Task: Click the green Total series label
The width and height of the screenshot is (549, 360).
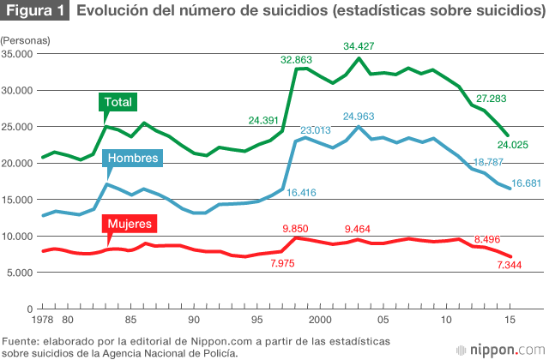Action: pos(118,102)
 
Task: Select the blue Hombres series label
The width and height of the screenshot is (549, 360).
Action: pos(132,159)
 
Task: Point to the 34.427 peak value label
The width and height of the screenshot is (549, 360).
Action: pos(359,45)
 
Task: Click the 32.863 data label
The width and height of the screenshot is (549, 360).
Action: pos(296,60)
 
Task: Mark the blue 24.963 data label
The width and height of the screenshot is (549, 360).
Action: pos(359,116)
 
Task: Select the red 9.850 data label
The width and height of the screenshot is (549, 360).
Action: pos(299,229)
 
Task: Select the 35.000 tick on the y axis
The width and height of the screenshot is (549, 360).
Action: pos(16,53)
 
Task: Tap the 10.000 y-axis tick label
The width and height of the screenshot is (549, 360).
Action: pos(16,236)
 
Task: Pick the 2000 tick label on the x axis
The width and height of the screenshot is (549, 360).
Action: pos(320,320)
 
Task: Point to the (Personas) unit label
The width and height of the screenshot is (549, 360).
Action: pos(25,40)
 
